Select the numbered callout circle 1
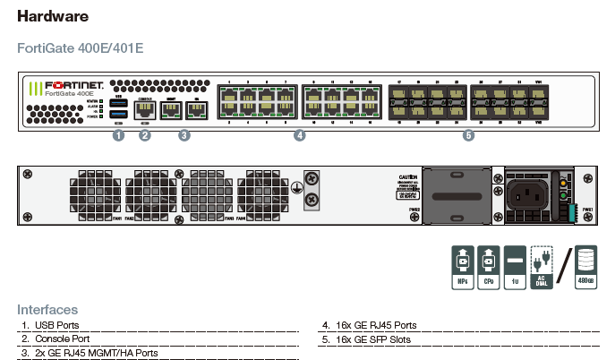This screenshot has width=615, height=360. click(x=117, y=136)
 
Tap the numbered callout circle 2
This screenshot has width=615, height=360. click(x=145, y=136)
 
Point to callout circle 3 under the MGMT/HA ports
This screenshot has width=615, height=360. click(x=184, y=136)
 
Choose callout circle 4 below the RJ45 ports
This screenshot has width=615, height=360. click(x=300, y=136)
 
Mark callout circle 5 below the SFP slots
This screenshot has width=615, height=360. click(x=468, y=136)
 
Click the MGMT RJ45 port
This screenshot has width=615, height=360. click(x=173, y=111)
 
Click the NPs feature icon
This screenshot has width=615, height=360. click(x=461, y=267)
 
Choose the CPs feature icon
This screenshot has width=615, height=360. click(x=488, y=267)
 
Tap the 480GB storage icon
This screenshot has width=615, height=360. click(x=585, y=267)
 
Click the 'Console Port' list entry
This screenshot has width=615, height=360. click(x=62, y=340)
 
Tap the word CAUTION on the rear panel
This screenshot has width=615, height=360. click(x=407, y=178)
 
